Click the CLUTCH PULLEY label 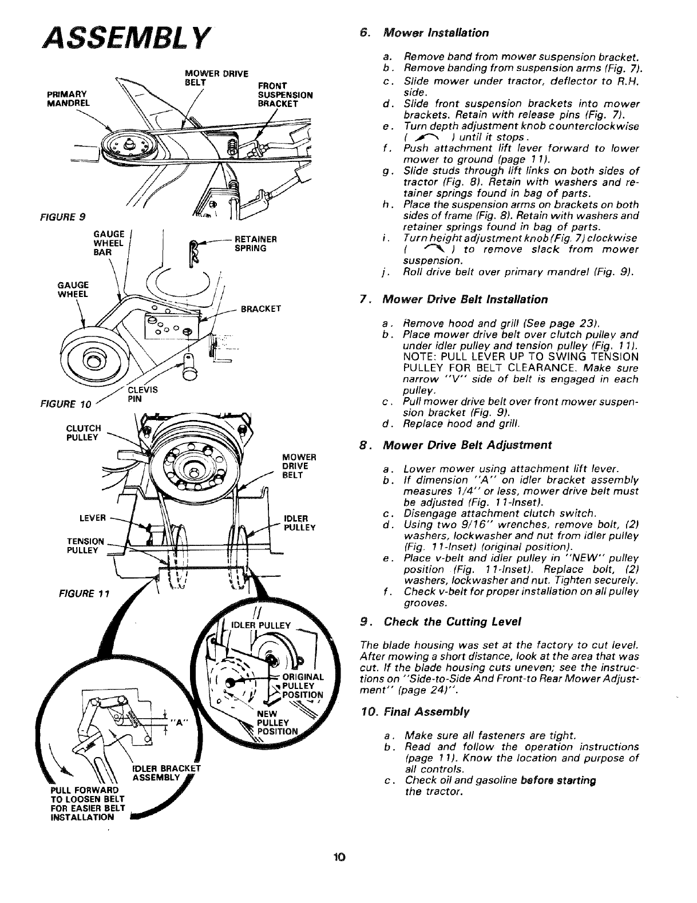84,432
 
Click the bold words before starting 546,781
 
